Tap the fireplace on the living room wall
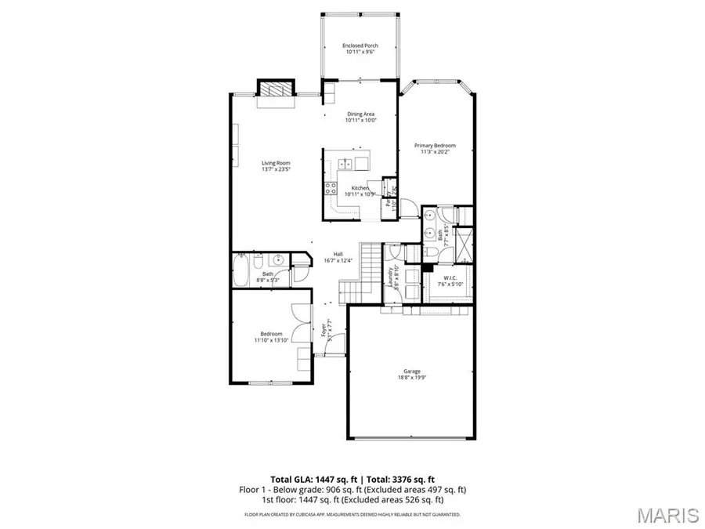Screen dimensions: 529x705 click(x=276, y=89)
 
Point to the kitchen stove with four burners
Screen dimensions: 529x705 click(x=331, y=189)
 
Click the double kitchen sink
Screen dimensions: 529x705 click(x=345, y=163)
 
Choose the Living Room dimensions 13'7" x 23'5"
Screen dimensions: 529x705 click(x=276, y=169)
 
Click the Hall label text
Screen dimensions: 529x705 click(x=338, y=254)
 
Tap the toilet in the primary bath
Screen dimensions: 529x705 click(x=432, y=252)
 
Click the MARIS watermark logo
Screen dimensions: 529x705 click(x=667, y=515)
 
